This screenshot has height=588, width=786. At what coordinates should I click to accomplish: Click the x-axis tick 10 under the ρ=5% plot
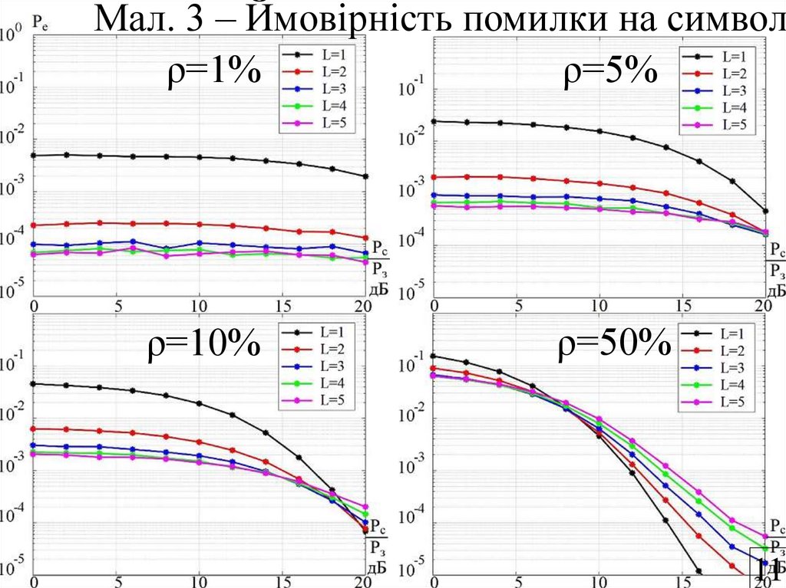point(599,305)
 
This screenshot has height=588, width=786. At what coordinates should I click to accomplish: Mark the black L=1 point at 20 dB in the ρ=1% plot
point(365,176)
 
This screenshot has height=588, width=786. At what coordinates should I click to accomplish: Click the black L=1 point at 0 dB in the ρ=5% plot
point(434,121)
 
